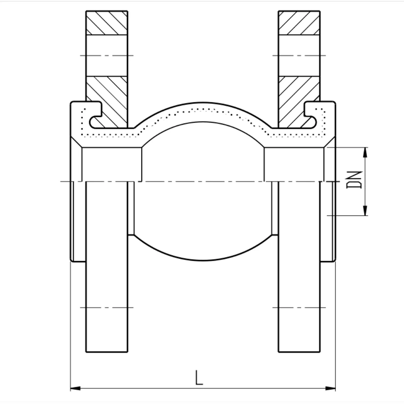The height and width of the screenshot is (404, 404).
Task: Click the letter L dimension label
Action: click(198, 377)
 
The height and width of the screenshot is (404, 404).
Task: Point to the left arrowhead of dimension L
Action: click(75, 388)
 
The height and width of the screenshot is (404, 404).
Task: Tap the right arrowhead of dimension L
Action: click(331, 388)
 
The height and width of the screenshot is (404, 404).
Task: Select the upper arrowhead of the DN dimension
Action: click(365, 151)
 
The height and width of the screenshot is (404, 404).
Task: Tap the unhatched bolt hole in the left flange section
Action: click(107, 55)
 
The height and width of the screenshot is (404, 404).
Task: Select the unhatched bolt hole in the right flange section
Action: click(299, 55)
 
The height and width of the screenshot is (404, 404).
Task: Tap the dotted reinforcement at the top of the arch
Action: click(203, 108)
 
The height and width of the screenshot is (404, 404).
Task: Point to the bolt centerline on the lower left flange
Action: click(107, 307)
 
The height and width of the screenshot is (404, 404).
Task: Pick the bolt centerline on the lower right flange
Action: click(299, 307)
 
